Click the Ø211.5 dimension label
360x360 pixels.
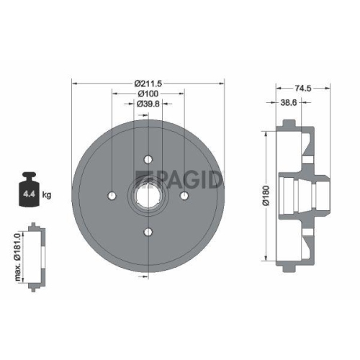tap(149, 84)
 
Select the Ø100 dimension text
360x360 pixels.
tap(148, 94)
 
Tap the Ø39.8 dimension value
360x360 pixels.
tap(148, 104)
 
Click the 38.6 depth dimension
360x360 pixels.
tap(289, 103)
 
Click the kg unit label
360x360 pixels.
tap(46, 194)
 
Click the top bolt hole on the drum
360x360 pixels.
tap(148, 160)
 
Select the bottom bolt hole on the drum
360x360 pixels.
tap(148, 231)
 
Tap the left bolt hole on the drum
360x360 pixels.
tap(112, 195)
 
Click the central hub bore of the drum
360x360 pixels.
tap(148, 195)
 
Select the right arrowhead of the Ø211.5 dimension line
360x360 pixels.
tap(222, 84)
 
